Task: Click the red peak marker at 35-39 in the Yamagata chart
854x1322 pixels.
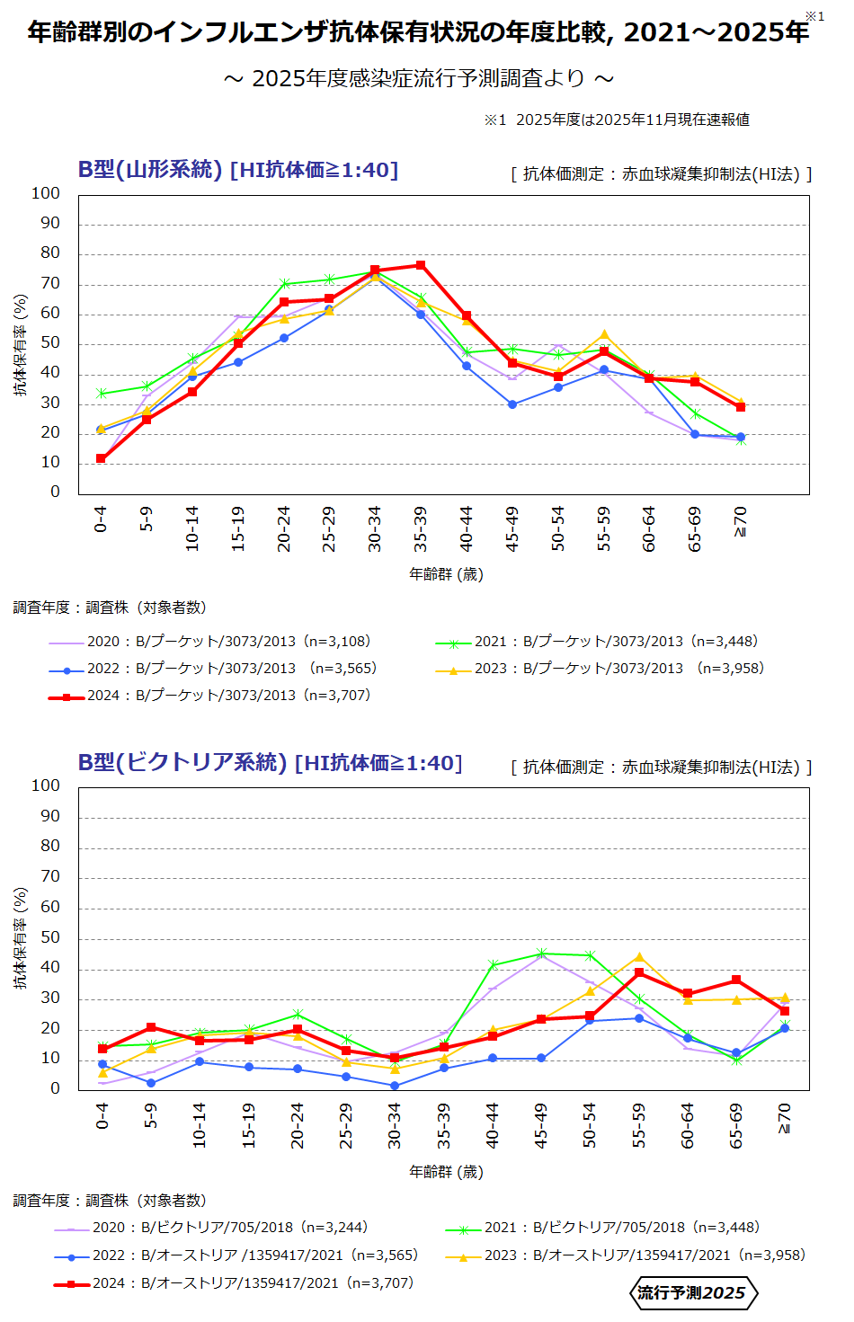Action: pyautogui.click(x=421, y=265)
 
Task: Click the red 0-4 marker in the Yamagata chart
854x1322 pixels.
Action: pyautogui.click(x=101, y=459)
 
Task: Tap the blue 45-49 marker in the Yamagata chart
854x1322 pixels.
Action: pyautogui.click(x=512, y=404)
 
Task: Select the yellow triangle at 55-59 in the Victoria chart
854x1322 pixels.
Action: pyautogui.click(x=639, y=957)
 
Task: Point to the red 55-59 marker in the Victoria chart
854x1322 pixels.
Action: pyautogui.click(x=639, y=972)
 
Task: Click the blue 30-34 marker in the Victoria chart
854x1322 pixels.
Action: pyautogui.click(x=395, y=1086)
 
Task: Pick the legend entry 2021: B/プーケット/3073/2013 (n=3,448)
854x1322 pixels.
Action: pyautogui.click(x=598, y=642)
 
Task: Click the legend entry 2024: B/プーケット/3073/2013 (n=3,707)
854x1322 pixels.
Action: pyautogui.click(x=210, y=696)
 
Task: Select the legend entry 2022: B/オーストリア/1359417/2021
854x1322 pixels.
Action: pyautogui.click(x=236, y=1255)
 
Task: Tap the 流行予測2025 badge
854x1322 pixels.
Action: pyautogui.click(x=692, y=1293)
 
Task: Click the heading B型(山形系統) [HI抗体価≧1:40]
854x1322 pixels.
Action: pyautogui.click(x=238, y=170)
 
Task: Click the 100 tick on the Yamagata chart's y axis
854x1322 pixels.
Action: pyautogui.click(x=46, y=193)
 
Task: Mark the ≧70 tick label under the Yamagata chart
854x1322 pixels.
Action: pyautogui.click(x=740, y=521)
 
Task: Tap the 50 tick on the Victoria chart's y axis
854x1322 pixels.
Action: pyautogui.click(x=50, y=937)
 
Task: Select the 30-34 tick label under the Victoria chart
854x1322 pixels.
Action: pyautogui.click(x=395, y=1125)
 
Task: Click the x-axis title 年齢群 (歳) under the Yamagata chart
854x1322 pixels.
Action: pyautogui.click(x=446, y=574)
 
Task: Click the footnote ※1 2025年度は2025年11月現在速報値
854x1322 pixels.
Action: pyautogui.click(x=617, y=120)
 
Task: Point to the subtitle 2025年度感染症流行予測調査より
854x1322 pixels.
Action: pyautogui.click(x=419, y=79)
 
